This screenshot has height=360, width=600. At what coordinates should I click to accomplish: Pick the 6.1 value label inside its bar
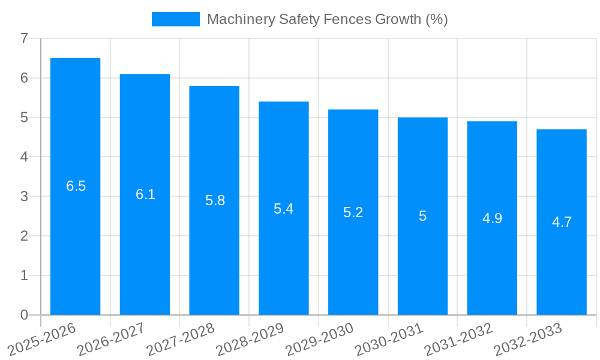point(145,194)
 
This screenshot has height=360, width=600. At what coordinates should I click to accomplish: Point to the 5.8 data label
point(215,200)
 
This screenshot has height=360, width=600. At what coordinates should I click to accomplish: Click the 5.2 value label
point(353,212)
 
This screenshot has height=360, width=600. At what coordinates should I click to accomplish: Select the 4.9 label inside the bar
point(492,218)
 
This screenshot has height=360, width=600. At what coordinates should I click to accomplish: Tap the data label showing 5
point(422,216)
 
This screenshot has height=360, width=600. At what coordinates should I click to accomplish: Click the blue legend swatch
point(175,19)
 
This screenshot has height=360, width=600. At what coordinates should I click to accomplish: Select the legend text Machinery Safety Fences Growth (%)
point(327,19)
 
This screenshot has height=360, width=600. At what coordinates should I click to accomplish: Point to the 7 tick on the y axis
point(24,38)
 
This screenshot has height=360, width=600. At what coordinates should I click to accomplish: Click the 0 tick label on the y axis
point(24,315)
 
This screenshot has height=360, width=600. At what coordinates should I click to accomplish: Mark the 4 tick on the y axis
point(24,157)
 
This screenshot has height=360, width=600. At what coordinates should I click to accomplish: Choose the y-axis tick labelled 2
point(24,236)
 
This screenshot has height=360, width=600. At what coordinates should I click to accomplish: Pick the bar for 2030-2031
point(422,264)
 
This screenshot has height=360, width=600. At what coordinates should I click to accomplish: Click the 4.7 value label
point(562,222)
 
